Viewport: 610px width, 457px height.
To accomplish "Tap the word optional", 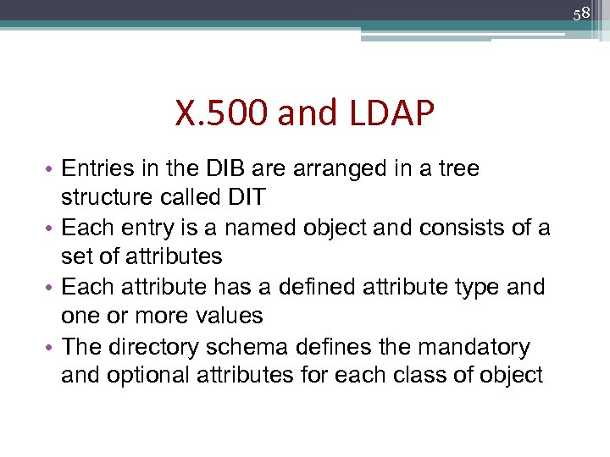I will [152, 376].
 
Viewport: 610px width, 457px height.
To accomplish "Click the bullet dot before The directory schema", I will [53, 348].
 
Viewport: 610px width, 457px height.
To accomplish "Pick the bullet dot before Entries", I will [53, 170].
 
